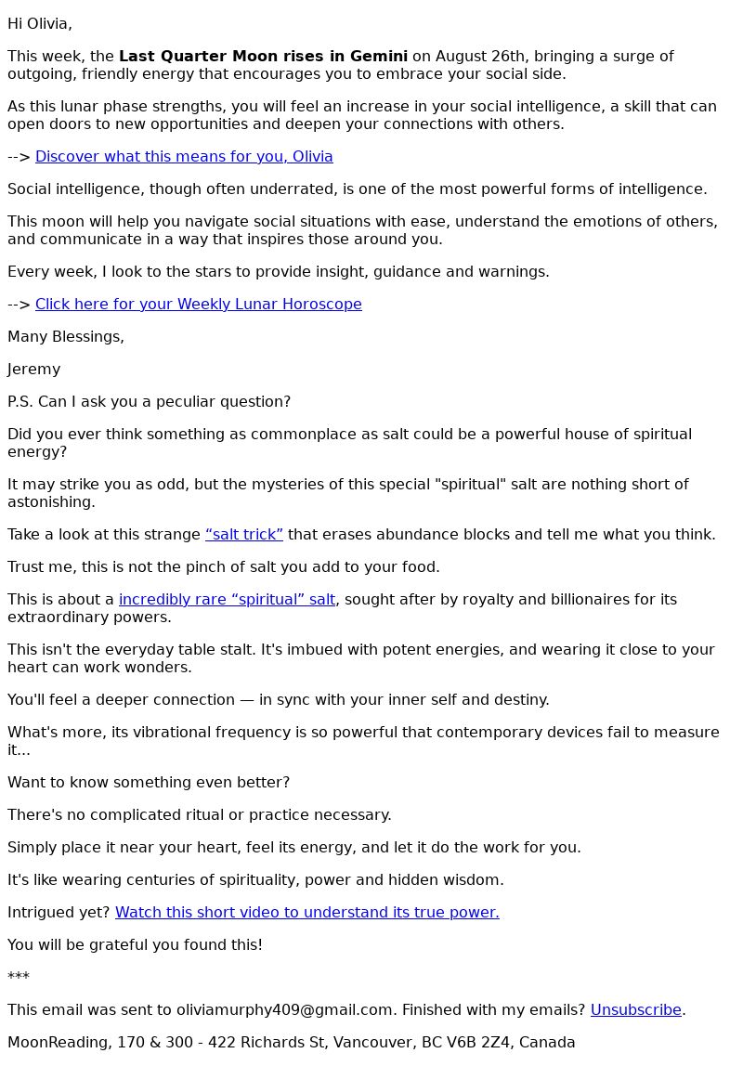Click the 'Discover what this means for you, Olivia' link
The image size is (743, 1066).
pyautogui.click(x=184, y=157)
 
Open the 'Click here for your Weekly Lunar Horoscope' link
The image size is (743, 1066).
pyautogui.click(x=198, y=305)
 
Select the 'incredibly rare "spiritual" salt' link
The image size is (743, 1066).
pyautogui.click(x=227, y=600)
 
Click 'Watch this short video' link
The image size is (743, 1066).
pyautogui.click(x=306, y=913)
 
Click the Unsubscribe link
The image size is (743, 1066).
pyautogui.click(x=635, y=1010)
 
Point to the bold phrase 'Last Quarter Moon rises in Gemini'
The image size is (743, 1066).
pyautogui.click(x=263, y=57)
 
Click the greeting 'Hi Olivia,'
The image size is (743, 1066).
pyautogui.click(x=40, y=24)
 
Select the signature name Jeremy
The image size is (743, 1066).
pyautogui.click(x=33, y=370)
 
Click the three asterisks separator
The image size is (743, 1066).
pyautogui.click(x=19, y=978)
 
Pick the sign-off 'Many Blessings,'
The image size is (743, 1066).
pyautogui.click(x=66, y=337)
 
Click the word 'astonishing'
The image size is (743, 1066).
pyautogui.click(x=51, y=502)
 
